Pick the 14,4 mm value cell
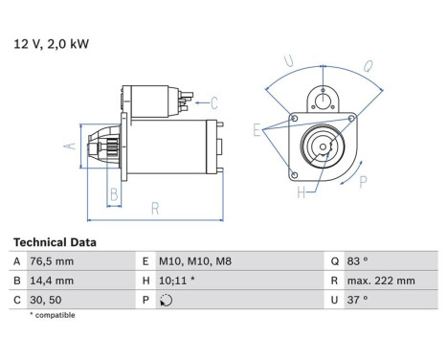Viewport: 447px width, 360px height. pyautogui.click(x=53, y=281)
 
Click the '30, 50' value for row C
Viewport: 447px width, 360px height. pyautogui.click(x=47, y=299)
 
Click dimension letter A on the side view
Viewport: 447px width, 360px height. pyautogui.click(x=68, y=146)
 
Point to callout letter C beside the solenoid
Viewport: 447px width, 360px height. pyautogui.click(x=214, y=101)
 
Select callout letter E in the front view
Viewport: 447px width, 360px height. pyautogui.click(x=257, y=128)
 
